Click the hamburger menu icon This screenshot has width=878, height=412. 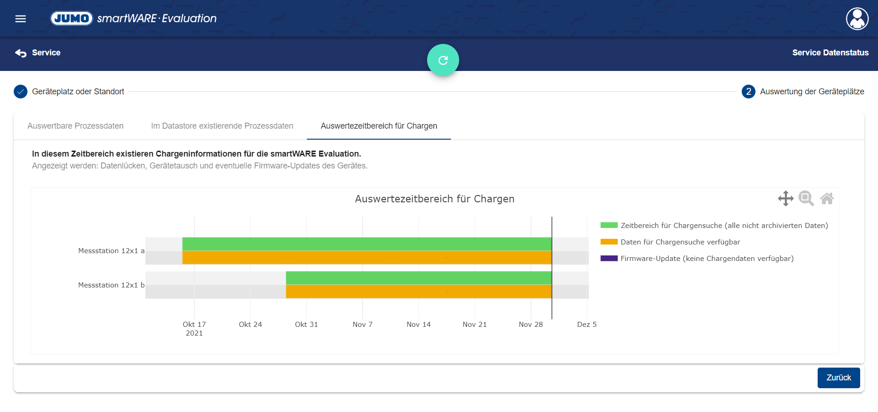(21, 19)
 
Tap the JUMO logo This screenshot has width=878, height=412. (72, 18)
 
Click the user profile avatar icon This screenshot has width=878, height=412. (857, 19)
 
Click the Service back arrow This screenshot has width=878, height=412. (21, 53)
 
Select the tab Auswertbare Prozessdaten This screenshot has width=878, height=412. (75, 126)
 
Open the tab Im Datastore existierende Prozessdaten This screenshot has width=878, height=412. (222, 126)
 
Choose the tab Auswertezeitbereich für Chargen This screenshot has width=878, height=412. (379, 126)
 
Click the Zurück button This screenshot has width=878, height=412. (838, 378)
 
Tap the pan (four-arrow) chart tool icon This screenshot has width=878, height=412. (786, 198)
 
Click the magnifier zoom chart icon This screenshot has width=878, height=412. (806, 198)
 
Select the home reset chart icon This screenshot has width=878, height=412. (827, 198)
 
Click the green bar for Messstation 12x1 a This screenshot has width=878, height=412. (367, 244)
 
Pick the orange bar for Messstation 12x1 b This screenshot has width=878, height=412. (418, 292)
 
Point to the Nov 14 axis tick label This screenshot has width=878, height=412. (418, 325)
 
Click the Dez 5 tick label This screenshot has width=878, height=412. (587, 325)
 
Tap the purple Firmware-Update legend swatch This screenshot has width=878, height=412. (609, 258)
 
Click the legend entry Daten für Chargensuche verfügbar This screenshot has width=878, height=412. (680, 242)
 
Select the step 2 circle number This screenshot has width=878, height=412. (748, 92)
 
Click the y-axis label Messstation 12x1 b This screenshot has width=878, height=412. (111, 285)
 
